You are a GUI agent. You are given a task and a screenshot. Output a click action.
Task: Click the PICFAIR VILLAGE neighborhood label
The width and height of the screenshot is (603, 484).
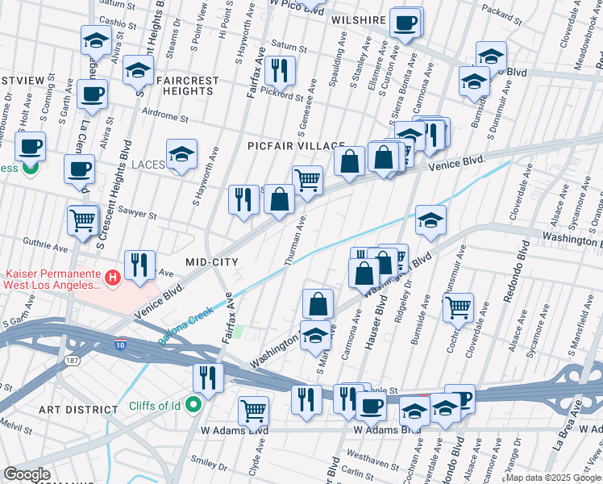tap(296, 146)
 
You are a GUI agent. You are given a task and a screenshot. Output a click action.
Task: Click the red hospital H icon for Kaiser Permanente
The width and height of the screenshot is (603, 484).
tap(113, 278)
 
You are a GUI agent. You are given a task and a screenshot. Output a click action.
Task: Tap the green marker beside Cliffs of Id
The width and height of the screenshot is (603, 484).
tap(194, 404)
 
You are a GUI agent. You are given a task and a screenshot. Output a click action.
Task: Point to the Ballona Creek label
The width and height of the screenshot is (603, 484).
tap(186, 325)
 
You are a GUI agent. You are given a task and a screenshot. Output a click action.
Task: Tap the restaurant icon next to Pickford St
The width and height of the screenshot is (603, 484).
tap(280, 70)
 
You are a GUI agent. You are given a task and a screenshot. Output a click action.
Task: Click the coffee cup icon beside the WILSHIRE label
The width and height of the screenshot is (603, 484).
tap(405, 23)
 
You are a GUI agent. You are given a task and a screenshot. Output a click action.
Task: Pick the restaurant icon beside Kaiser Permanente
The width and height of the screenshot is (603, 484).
tap(139, 265)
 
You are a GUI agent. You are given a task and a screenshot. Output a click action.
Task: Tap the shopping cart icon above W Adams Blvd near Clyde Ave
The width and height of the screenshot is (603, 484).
tap(253, 410)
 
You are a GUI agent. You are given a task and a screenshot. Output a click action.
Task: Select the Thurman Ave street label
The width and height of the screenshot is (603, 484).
tap(296, 241)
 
